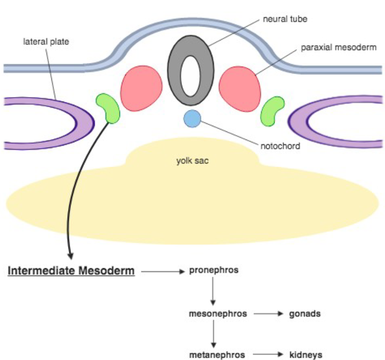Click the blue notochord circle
click(x=192, y=119)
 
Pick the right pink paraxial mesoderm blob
click(x=240, y=89)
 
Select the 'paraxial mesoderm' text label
click(x=338, y=48)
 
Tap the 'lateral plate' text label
click(x=46, y=42)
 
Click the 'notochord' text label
click(x=281, y=146)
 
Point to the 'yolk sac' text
click(x=192, y=161)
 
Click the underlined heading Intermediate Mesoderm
click(x=71, y=271)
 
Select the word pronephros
click(x=214, y=270)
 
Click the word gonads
click(x=305, y=314)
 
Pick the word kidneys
click(x=306, y=355)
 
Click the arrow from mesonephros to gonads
click(x=268, y=315)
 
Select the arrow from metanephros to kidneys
click(x=268, y=355)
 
